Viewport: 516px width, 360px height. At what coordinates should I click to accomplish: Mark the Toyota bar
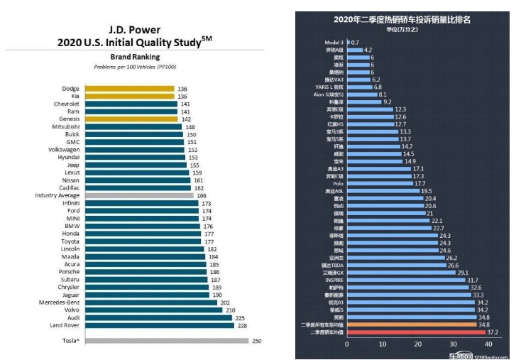coord(150,241)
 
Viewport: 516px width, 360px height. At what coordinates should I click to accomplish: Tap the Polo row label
coord(338,183)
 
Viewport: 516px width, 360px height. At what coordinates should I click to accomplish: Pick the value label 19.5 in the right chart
coord(426,191)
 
